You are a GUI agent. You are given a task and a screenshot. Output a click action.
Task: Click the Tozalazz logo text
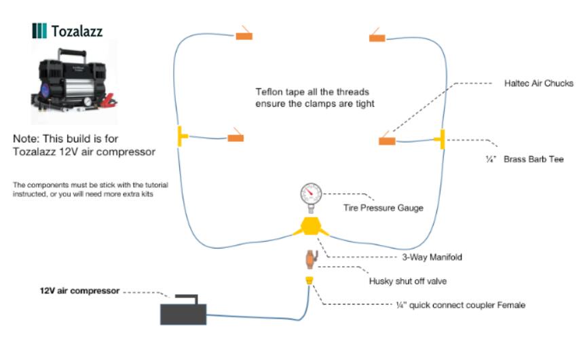click(x=77, y=31)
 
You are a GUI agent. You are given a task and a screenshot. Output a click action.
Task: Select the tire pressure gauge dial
click(x=311, y=195)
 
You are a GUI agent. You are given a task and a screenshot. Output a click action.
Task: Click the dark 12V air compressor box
click(x=183, y=312)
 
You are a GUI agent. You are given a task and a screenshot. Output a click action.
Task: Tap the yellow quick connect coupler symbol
click(x=310, y=280)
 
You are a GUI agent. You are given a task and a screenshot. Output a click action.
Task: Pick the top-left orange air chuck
click(x=244, y=35)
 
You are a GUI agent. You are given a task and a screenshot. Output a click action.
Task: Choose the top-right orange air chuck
click(x=377, y=37)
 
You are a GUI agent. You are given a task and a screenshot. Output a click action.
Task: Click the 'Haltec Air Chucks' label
click(x=539, y=84)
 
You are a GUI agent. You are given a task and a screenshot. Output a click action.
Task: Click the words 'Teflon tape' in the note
click(x=278, y=92)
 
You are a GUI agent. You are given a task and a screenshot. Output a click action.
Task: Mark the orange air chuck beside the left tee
click(x=236, y=137)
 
